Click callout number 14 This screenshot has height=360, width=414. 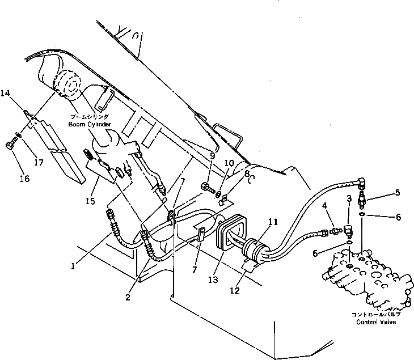click(x=5, y=92)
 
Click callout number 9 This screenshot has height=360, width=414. click(x=212, y=155)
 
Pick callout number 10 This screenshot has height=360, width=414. click(x=229, y=162)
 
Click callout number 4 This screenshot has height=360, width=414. click(x=324, y=205)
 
